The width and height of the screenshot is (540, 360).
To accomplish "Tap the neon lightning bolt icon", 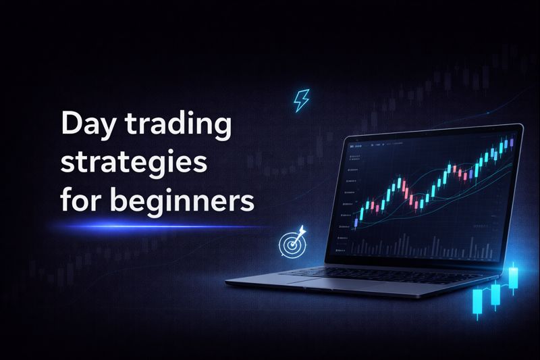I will click(x=300, y=101).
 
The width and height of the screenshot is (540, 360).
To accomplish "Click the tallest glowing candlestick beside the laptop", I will click(x=514, y=277).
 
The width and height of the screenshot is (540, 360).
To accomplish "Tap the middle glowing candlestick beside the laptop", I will click(x=496, y=294).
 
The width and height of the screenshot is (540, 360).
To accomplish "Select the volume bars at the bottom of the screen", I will click(x=418, y=247).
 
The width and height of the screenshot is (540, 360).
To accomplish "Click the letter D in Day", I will click(x=70, y=126).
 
